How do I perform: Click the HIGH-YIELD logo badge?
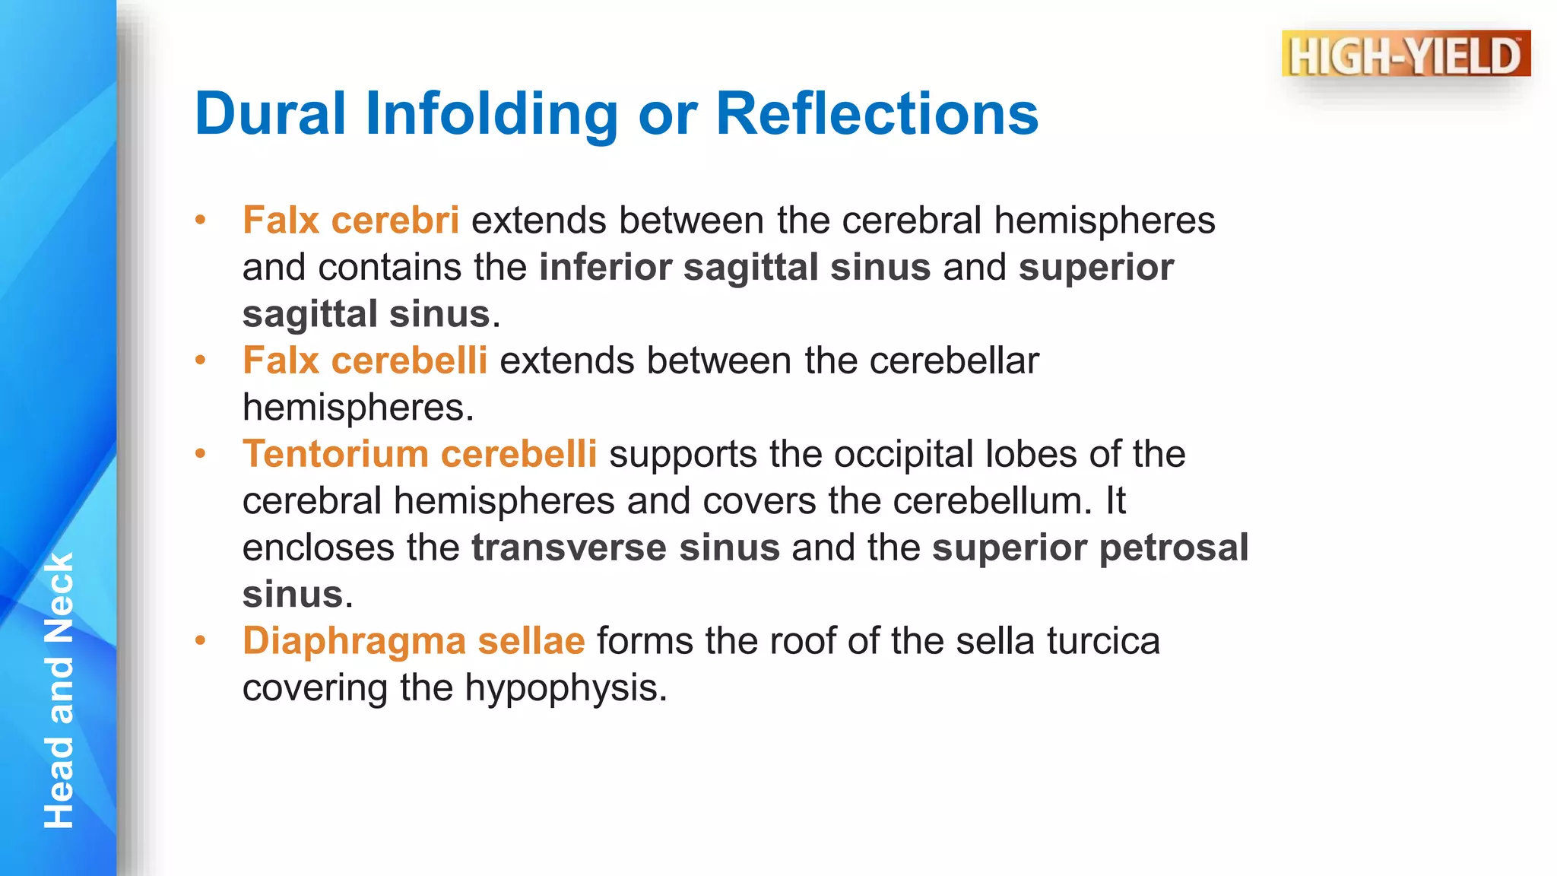(x=1406, y=54)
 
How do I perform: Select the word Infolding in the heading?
(x=491, y=114)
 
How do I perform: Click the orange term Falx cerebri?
(x=350, y=221)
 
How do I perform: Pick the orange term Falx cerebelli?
(x=365, y=360)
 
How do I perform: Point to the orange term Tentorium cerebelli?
(x=420, y=454)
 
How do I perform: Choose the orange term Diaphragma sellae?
(x=414, y=641)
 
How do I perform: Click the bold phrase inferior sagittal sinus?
(x=734, y=268)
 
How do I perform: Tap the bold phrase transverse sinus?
(x=625, y=548)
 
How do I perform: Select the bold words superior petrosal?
(x=1089, y=548)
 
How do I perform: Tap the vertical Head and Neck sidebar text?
(x=59, y=690)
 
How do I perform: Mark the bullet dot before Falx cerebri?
(x=201, y=221)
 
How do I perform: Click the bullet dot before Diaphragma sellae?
(x=201, y=641)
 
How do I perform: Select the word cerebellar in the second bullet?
(x=953, y=360)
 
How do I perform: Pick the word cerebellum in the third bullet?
(x=991, y=501)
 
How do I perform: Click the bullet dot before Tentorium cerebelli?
(x=201, y=455)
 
